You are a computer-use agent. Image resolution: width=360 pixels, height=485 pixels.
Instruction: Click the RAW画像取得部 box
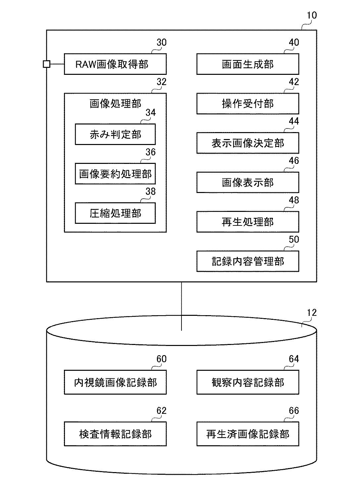[115, 64]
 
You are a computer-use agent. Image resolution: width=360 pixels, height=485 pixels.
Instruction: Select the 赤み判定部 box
[115, 134]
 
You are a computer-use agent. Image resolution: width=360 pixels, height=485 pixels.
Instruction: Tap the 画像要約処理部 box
[115, 174]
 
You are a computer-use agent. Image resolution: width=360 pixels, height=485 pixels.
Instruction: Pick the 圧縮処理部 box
[115, 213]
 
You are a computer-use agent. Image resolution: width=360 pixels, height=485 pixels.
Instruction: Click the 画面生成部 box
[247, 64]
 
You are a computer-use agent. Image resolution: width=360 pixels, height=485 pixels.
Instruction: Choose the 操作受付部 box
[247, 104]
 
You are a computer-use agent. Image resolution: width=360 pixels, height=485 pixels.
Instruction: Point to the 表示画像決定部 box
[247, 143]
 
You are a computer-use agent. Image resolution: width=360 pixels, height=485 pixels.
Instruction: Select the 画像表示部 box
[247, 182]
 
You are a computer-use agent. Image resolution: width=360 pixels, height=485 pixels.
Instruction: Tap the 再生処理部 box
[247, 222]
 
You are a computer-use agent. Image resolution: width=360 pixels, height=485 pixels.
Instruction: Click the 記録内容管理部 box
[247, 261]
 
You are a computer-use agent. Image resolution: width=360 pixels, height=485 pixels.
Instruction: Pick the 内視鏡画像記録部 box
[115, 382]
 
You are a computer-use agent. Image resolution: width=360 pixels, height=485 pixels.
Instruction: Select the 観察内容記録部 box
[247, 382]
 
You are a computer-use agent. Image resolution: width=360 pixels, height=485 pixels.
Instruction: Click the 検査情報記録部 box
[115, 434]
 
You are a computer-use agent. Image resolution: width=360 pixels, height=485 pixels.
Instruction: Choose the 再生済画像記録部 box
[247, 434]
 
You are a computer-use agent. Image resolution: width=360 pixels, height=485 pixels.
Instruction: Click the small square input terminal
[47, 64]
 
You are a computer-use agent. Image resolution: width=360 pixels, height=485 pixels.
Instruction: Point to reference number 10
[312, 15]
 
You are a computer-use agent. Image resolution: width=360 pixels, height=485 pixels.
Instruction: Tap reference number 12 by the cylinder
[312, 313]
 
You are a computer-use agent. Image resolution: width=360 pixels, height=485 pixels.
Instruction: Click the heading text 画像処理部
[115, 104]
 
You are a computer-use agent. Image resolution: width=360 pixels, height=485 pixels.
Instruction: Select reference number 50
[294, 239]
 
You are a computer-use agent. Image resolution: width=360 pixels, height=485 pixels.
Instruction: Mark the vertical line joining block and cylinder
[181, 305]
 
